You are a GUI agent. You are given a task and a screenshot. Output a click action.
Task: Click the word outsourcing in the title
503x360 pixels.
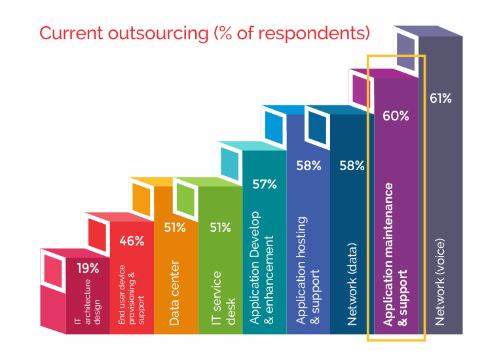click(158, 33)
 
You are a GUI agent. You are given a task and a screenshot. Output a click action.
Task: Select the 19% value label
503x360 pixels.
click(88, 268)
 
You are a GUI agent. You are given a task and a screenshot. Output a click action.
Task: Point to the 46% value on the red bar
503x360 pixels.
click(132, 241)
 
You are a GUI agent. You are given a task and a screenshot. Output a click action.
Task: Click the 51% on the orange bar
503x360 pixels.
click(175, 228)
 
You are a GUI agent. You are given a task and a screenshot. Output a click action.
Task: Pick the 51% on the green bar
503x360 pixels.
click(220, 228)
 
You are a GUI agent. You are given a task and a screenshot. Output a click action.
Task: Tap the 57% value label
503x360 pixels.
click(265, 185)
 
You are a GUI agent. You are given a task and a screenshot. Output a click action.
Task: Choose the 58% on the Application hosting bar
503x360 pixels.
click(308, 166)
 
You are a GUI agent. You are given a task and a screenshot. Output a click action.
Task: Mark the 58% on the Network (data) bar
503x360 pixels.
click(352, 166)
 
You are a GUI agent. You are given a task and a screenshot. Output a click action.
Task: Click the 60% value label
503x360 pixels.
click(396, 116)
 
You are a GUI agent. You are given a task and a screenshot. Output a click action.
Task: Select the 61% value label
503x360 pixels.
click(440, 98)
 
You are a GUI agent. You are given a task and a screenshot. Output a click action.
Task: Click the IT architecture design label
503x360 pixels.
click(87, 302)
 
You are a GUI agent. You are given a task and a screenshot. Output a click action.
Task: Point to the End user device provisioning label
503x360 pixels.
click(131, 295)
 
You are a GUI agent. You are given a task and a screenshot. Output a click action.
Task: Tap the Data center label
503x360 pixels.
click(174, 293)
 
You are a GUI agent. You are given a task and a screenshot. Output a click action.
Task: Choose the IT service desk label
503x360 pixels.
click(223, 298)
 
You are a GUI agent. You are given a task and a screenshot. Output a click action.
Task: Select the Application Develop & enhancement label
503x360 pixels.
click(261, 268)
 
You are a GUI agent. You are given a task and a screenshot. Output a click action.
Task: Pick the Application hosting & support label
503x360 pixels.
click(307, 270)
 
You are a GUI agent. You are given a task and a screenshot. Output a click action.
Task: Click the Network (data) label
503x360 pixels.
click(352, 284)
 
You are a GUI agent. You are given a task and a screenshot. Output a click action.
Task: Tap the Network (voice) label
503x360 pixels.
click(440, 282)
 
